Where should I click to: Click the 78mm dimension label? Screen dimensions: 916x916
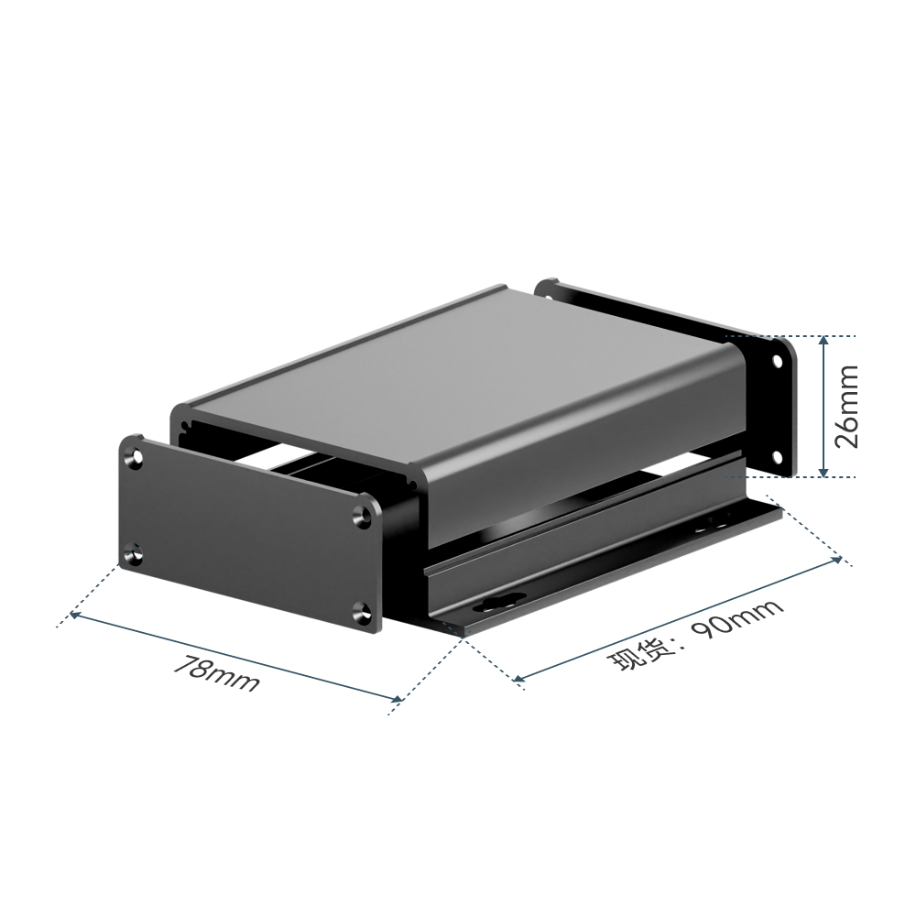click(217, 673)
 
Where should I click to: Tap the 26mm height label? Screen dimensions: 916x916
click(846, 407)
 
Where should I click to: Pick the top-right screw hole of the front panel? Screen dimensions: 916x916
click(365, 514)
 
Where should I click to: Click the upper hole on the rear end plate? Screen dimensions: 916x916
click(778, 362)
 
